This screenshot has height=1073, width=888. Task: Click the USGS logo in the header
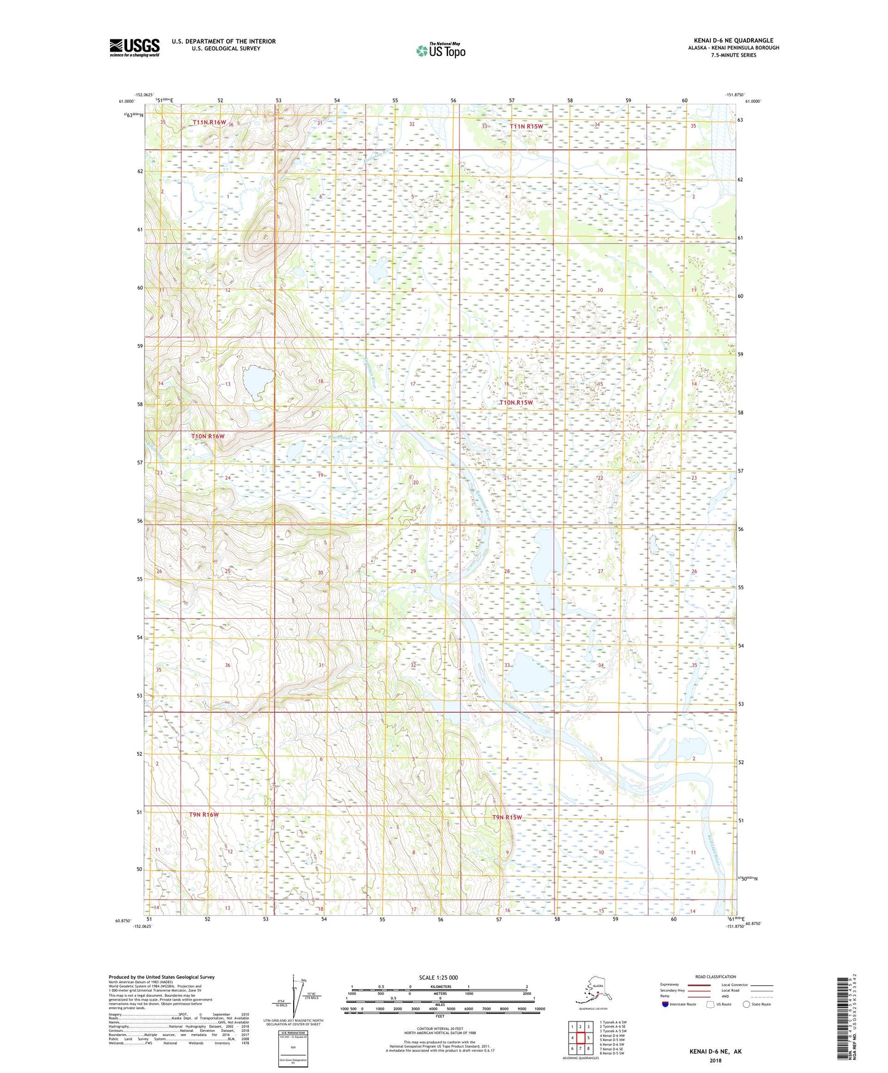point(135,47)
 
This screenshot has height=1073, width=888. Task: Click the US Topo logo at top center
point(440,50)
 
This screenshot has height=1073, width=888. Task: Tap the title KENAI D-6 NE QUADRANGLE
point(733,41)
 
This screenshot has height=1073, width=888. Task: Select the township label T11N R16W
point(210,122)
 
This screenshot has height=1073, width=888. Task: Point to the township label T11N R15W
point(526,127)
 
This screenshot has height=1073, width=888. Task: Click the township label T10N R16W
point(208,436)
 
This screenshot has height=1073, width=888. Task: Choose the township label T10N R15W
point(516,403)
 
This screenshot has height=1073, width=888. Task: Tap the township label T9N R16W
point(204,814)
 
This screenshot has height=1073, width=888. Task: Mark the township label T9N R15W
point(507,817)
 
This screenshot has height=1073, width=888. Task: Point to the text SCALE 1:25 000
point(438,977)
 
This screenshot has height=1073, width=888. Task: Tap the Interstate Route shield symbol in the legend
point(665,1004)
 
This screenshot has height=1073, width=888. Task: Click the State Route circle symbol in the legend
point(747,1004)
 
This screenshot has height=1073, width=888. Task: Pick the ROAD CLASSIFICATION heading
point(715,977)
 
